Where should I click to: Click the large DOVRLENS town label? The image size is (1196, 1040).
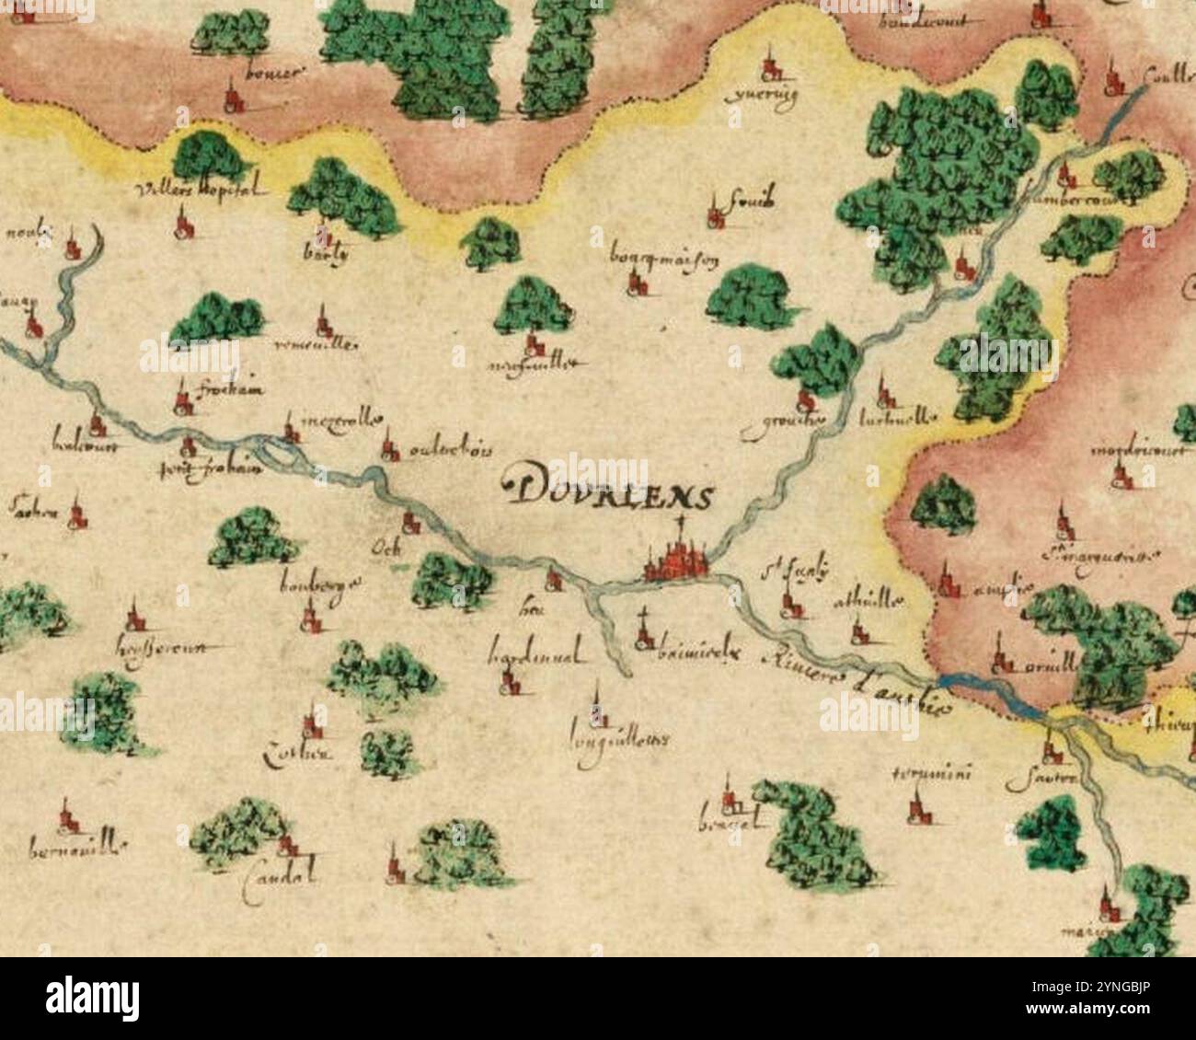point(609,494)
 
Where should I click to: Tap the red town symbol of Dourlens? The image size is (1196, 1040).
point(677,561)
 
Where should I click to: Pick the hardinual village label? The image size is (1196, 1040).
point(535,658)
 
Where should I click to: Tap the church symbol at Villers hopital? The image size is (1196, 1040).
point(184,223)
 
